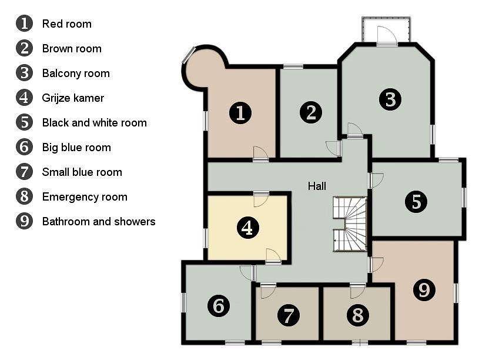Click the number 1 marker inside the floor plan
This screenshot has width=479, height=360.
click(x=240, y=113)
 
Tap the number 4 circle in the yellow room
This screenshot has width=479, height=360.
click(x=248, y=228)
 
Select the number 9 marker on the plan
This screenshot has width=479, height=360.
click(x=424, y=289)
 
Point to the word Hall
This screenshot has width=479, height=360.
click(x=317, y=186)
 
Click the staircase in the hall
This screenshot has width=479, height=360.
click(x=350, y=224)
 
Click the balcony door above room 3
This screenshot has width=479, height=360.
click(x=387, y=36)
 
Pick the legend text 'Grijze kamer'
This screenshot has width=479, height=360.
click(x=73, y=98)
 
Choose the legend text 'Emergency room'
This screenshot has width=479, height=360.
click(x=85, y=197)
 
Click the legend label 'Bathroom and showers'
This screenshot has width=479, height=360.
click(x=99, y=221)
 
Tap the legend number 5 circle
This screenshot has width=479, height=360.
click(x=24, y=122)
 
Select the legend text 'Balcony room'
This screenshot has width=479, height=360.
click(x=76, y=74)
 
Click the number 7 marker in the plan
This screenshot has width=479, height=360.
click(x=289, y=315)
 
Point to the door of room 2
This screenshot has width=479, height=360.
click(x=334, y=148)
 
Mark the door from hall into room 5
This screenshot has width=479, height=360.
click(x=376, y=181)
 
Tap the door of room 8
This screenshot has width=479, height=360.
click(x=358, y=291)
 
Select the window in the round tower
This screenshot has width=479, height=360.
click(x=189, y=55)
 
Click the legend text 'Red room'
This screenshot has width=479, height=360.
click(x=66, y=24)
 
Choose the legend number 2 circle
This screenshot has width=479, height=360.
click(x=24, y=48)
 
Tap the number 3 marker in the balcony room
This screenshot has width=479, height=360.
click(x=390, y=99)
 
